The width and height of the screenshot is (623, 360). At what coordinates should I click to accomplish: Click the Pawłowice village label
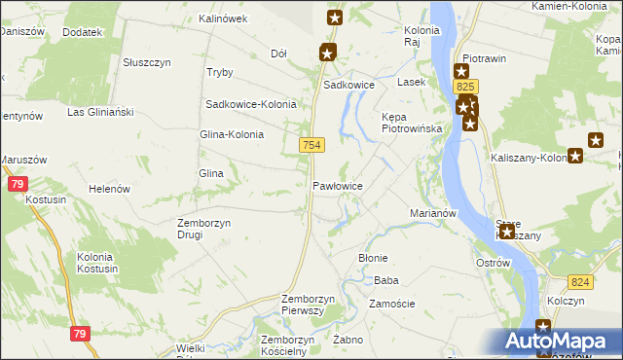point(338,185)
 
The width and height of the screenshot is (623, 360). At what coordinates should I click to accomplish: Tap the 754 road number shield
point(311,144)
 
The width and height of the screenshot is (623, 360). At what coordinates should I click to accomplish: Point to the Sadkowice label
point(349,85)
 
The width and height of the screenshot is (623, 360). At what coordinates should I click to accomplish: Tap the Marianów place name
point(433,212)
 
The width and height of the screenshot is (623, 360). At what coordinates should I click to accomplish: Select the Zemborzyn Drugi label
point(202,229)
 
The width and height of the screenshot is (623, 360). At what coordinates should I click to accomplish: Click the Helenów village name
point(110,189)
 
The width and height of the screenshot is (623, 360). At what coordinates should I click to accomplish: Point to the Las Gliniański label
point(100,112)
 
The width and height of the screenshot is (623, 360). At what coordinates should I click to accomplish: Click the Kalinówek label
point(223,18)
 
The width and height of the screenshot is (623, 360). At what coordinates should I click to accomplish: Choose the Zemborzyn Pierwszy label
point(308,304)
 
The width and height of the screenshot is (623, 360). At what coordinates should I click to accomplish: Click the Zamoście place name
point(392,304)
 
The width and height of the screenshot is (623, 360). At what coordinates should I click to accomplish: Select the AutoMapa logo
point(563,342)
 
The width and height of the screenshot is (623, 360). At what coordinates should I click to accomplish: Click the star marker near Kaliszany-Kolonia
point(576,155)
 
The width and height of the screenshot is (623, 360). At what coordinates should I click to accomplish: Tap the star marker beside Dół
point(327,54)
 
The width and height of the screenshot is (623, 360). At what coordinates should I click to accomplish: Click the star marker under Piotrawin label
point(461,71)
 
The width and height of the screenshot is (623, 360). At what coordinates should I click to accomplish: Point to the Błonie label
point(374,258)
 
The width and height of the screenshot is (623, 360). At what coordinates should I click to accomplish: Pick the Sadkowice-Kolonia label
point(250,104)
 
